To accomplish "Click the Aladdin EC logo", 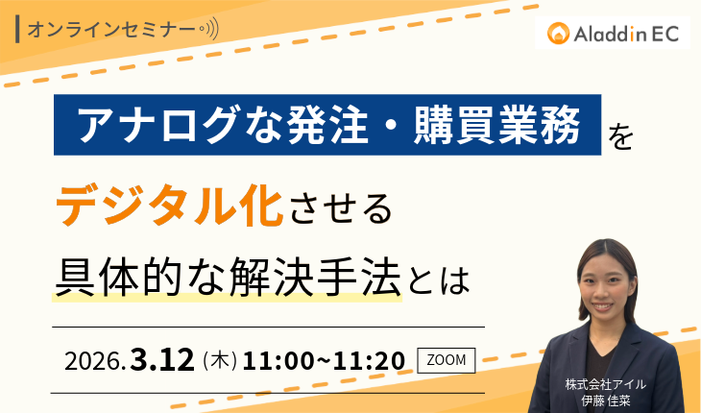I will [x=613, y=35].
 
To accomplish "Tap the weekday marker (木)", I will [x=220, y=361].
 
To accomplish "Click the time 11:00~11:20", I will [x=324, y=361].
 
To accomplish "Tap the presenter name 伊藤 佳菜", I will [x=605, y=399].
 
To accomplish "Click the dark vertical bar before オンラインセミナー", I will [x=20, y=29].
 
